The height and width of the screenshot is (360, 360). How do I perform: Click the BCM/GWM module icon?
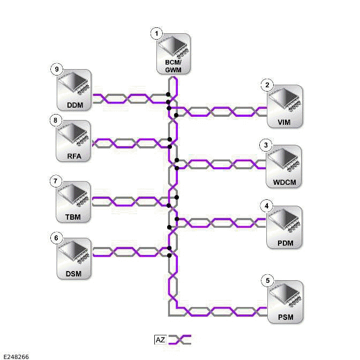click(x=174, y=50)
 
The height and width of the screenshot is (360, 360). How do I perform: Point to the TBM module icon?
click(x=74, y=198)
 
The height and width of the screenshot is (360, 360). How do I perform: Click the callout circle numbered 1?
click(x=156, y=33)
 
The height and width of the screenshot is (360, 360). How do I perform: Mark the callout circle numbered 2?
click(x=267, y=85)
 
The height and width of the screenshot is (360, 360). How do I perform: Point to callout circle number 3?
click(x=267, y=145)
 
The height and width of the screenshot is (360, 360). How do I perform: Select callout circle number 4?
click(x=267, y=206)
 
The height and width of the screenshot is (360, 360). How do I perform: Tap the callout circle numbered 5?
click(x=267, y=280)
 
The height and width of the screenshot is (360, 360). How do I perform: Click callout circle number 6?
click(x=56, y=237)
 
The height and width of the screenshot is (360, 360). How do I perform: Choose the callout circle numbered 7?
click(x=56, y=181)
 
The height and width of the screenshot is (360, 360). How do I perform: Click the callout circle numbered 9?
click(x=56, y=69)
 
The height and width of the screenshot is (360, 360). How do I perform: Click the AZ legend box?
click(x=160, y=340)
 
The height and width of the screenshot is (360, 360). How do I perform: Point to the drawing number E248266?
click(x=16, y=356)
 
